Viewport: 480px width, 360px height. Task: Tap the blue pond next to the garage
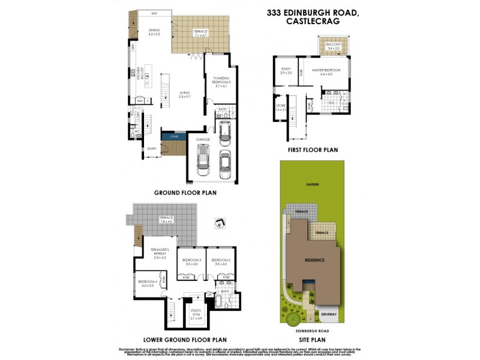[175, 137]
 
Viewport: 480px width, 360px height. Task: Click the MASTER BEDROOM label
[326, 71]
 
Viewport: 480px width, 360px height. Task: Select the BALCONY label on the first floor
[334, 45]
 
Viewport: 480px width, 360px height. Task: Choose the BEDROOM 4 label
[147, 283]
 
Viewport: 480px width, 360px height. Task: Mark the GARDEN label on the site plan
[311, 184]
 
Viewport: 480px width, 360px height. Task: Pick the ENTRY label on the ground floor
[151, 148]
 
